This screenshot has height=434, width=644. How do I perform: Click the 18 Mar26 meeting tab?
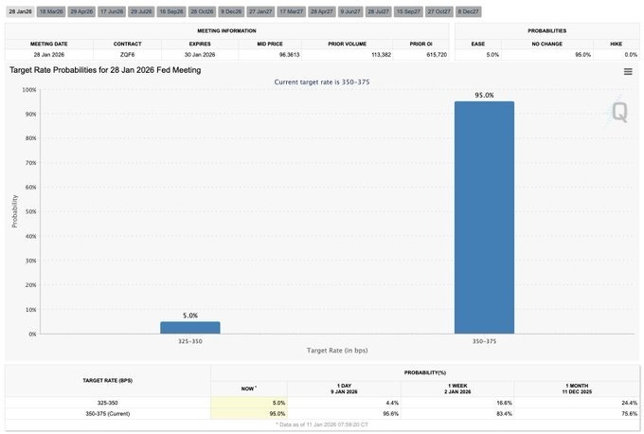tap(50, 11)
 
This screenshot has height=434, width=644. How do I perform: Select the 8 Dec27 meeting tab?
tap(467, 11)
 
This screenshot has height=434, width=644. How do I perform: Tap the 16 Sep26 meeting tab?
tap(171, 11)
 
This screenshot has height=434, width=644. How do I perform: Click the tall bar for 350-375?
tap(484, 217)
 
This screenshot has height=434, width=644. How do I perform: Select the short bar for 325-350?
tap(189, 328)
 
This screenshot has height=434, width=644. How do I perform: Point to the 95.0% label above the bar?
tap(484, 94)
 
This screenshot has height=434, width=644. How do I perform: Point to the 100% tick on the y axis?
tap(29, 90)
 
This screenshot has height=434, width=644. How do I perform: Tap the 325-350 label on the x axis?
tap(189, 340)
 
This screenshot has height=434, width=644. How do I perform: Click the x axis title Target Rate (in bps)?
tap(338, 351)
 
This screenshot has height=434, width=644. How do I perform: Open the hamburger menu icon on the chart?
tap(628, 72)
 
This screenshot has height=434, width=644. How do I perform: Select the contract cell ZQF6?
tap(127, 55)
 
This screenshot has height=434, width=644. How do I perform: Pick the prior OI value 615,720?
tap(423, 55)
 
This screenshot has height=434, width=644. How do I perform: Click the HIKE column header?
tap(615, 44)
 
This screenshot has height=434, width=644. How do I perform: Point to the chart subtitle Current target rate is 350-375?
tap(321, 81)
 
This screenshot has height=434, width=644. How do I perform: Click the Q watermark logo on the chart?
tap(618, 112)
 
